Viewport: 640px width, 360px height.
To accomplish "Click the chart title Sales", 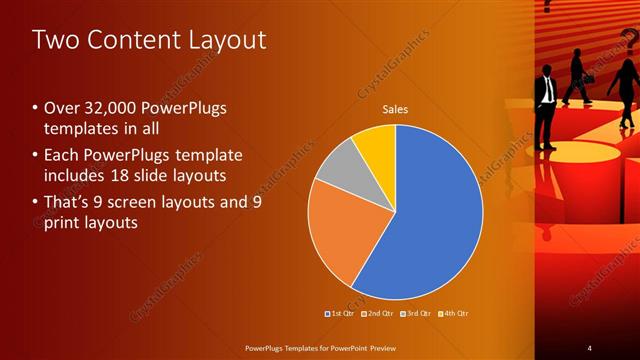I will [396, 109].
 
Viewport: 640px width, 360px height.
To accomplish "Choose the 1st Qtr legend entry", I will [340, 313].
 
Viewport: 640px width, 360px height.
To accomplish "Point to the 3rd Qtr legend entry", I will [414, 313].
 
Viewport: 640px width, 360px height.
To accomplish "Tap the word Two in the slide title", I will [56, 40].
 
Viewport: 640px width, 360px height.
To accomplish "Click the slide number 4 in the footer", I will [589, 347].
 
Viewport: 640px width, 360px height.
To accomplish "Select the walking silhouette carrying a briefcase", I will [578, 75].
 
